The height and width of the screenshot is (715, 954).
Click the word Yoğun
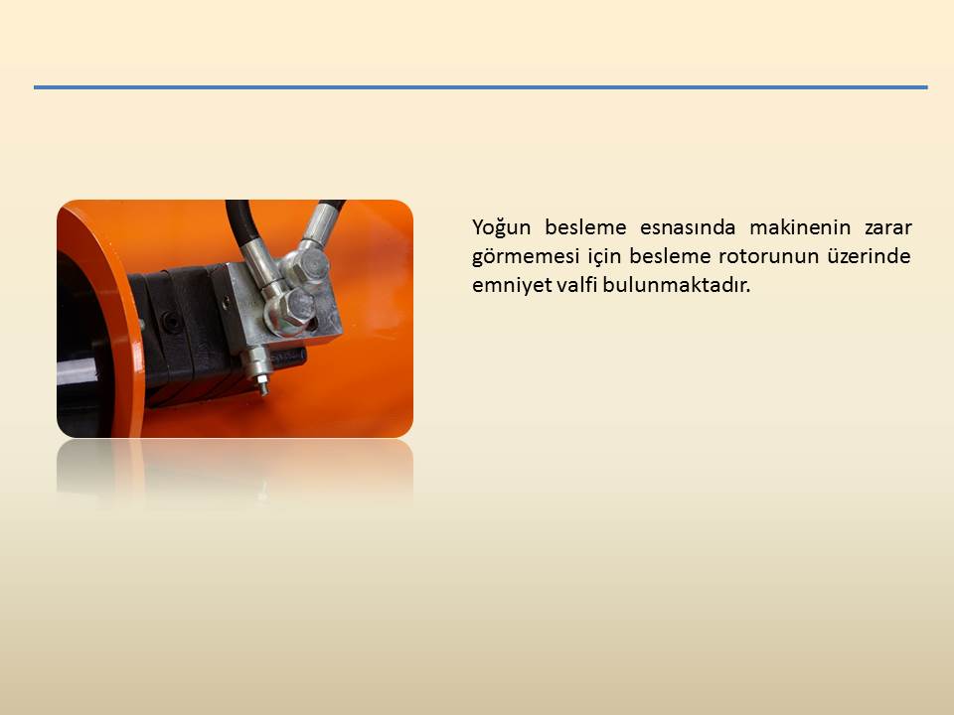[x=501, y=228]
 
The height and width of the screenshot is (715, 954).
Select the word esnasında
[x=687, y=227]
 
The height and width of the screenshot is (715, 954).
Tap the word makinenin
[x=799, y=227]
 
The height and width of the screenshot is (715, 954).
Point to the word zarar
[x=887, y=228]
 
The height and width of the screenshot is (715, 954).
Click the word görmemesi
[x=525, y=256]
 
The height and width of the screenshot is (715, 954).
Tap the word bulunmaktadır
[x=677, y=284]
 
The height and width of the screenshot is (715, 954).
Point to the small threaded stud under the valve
[x=262, y=383]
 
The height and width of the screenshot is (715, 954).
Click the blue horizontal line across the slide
[x=481, y=87]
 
